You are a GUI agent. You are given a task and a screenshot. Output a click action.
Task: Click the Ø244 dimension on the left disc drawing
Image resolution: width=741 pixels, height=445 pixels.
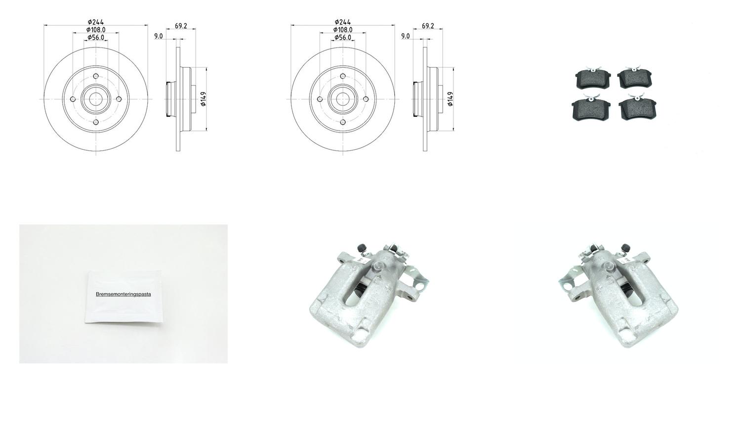click(x=96, y=22)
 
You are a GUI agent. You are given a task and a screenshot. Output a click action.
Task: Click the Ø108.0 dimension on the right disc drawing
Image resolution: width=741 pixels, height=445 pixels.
click(x=343, y=30)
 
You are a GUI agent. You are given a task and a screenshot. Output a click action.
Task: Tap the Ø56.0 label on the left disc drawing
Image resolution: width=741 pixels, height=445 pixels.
click(x=96, y=38)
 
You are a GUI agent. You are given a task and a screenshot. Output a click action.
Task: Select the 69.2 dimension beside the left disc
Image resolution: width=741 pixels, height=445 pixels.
click(x=181, y=26)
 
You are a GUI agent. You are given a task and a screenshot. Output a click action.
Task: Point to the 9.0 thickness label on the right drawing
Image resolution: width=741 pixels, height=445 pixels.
click(x=405, y=36)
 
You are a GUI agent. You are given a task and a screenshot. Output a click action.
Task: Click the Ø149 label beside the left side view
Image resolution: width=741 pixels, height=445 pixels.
click(x=204, y=99)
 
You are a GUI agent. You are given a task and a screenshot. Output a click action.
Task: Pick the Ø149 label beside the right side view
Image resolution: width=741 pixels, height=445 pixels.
click(x=450, y=99)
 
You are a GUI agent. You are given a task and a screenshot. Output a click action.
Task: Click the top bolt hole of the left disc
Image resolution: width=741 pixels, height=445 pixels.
click(x=96, y=76)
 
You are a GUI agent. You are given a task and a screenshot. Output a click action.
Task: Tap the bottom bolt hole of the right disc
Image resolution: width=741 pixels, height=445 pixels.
click(x=343, y=122)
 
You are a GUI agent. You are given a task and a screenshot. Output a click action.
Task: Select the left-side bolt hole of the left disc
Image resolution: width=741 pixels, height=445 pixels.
click(x=73, y=99)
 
